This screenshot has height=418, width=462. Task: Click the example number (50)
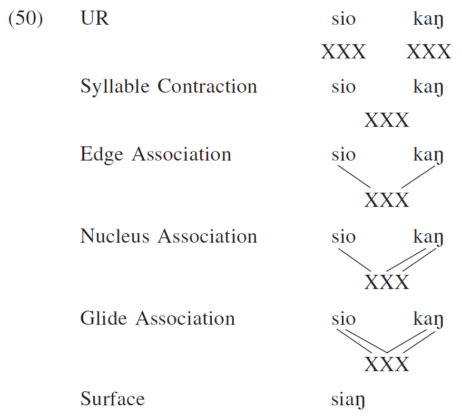coord(26,19)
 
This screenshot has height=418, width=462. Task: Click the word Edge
coord(102,155)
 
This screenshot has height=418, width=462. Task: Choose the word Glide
coord(104,319)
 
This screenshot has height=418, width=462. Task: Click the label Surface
coord(112,399)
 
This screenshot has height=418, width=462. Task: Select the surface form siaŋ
coord(348,400)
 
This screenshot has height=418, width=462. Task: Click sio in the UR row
coord(343,19)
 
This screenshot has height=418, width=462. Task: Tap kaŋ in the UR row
coord(428,21)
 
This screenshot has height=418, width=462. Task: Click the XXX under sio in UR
coord(343,52)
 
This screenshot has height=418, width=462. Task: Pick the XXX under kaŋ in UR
coord(429,52)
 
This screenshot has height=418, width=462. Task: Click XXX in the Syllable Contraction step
coord(387,121)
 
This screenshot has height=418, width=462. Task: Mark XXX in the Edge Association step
coord(387,201)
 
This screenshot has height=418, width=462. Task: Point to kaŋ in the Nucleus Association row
coord(428,238)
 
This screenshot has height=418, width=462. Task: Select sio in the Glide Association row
coord(343,319)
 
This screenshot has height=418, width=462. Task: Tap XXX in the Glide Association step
coord(387,364)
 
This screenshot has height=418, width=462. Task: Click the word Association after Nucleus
coord(208,236)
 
